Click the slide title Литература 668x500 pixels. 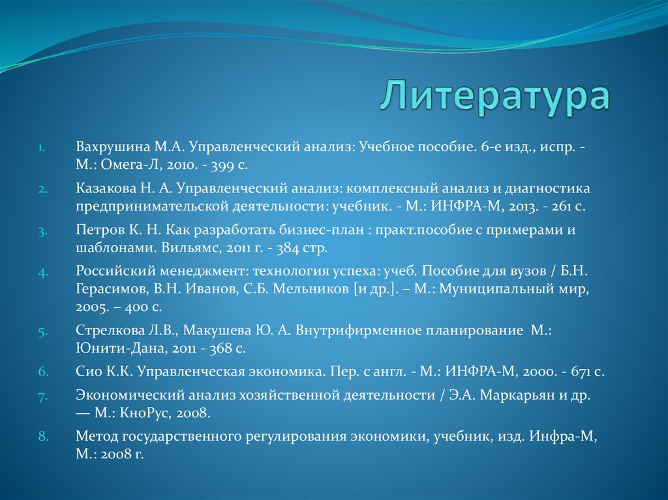coord(495,97)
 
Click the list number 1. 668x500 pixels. coord(41,148)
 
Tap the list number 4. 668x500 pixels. coord(43,272)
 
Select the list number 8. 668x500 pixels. coord(43,436)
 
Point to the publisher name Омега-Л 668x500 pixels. coord(131,165)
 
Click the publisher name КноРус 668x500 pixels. coord(138,413)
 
